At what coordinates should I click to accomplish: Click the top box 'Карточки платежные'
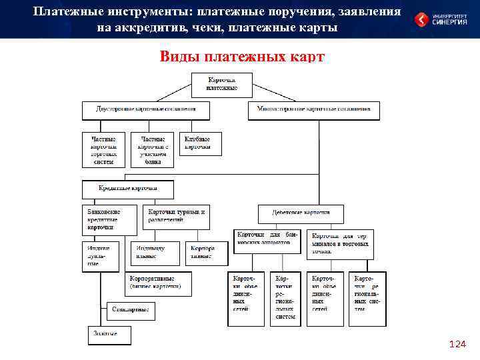tap(222, 85)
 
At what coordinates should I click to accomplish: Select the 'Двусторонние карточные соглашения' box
tap(146, 109)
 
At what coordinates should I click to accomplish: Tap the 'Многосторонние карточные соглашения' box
tap(313, 109)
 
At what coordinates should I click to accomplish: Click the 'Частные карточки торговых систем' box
tap(103, 150)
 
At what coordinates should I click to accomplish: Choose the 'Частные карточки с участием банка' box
tap(152, 150)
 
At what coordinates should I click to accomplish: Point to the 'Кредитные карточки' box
tap(127, 189)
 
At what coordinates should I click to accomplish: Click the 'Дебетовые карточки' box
tap(302, 214)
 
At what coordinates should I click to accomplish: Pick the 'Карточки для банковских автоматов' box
tap(266, 238)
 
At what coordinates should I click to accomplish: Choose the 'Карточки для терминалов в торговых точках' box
tap(342, 243)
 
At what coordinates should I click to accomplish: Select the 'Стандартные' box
tap(131, 310)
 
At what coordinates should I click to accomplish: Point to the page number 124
tap(458, 345)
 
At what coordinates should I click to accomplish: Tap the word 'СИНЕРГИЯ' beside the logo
tap(452, 23)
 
